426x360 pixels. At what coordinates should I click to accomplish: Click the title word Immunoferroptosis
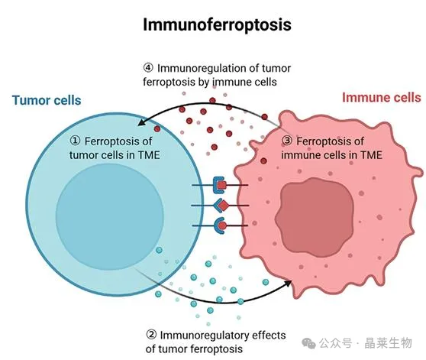point(217,24)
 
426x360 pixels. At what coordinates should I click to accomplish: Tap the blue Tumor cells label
point(47,100)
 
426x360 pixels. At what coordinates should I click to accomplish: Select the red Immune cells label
point(382,97)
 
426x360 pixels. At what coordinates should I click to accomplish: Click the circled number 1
point(76,141)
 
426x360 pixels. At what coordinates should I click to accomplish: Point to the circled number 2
point(151,335)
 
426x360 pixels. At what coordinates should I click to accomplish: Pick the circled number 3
point(287,141)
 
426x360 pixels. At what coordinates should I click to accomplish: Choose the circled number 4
point(148,68)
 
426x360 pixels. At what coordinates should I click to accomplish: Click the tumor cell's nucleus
point(110,216)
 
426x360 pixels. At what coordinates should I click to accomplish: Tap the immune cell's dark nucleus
point(314,217)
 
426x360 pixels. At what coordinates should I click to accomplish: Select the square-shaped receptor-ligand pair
point(220,185)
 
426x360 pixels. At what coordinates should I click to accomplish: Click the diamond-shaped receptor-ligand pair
point(221,206)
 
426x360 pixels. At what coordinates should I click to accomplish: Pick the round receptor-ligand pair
point(221,225)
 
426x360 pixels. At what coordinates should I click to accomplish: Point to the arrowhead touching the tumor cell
point(140,122)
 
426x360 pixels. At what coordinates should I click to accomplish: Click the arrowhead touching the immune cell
point(288,284)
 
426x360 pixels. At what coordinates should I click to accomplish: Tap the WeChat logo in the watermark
point(308,343)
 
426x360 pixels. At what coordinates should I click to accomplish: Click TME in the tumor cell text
point(149,155)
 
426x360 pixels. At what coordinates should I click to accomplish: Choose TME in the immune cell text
point(371,155)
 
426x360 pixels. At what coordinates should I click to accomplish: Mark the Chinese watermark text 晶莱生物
point(389,343)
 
